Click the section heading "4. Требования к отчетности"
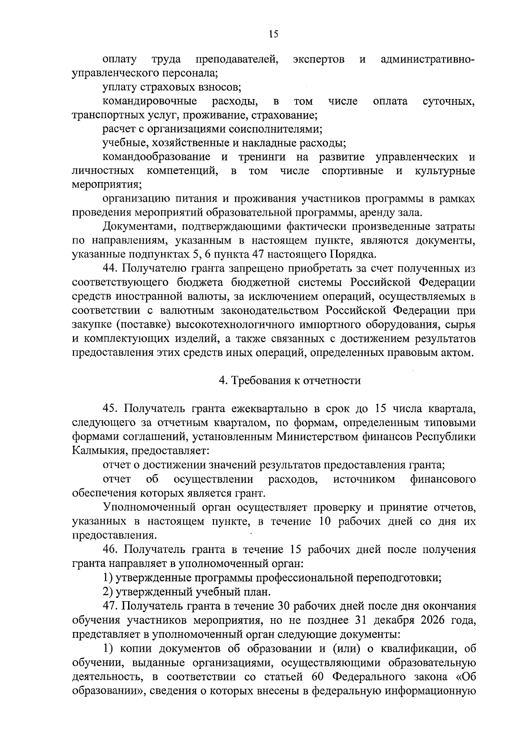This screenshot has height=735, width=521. [290, 381]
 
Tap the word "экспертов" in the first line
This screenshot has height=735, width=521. [319, 59]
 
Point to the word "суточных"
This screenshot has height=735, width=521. [448, 102]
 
